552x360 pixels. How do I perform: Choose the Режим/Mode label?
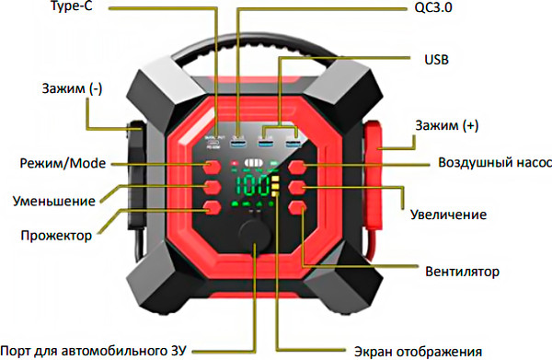63,165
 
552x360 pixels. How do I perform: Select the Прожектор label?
56,235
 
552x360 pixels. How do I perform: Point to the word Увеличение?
447,215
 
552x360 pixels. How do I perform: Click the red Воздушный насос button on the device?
300,168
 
